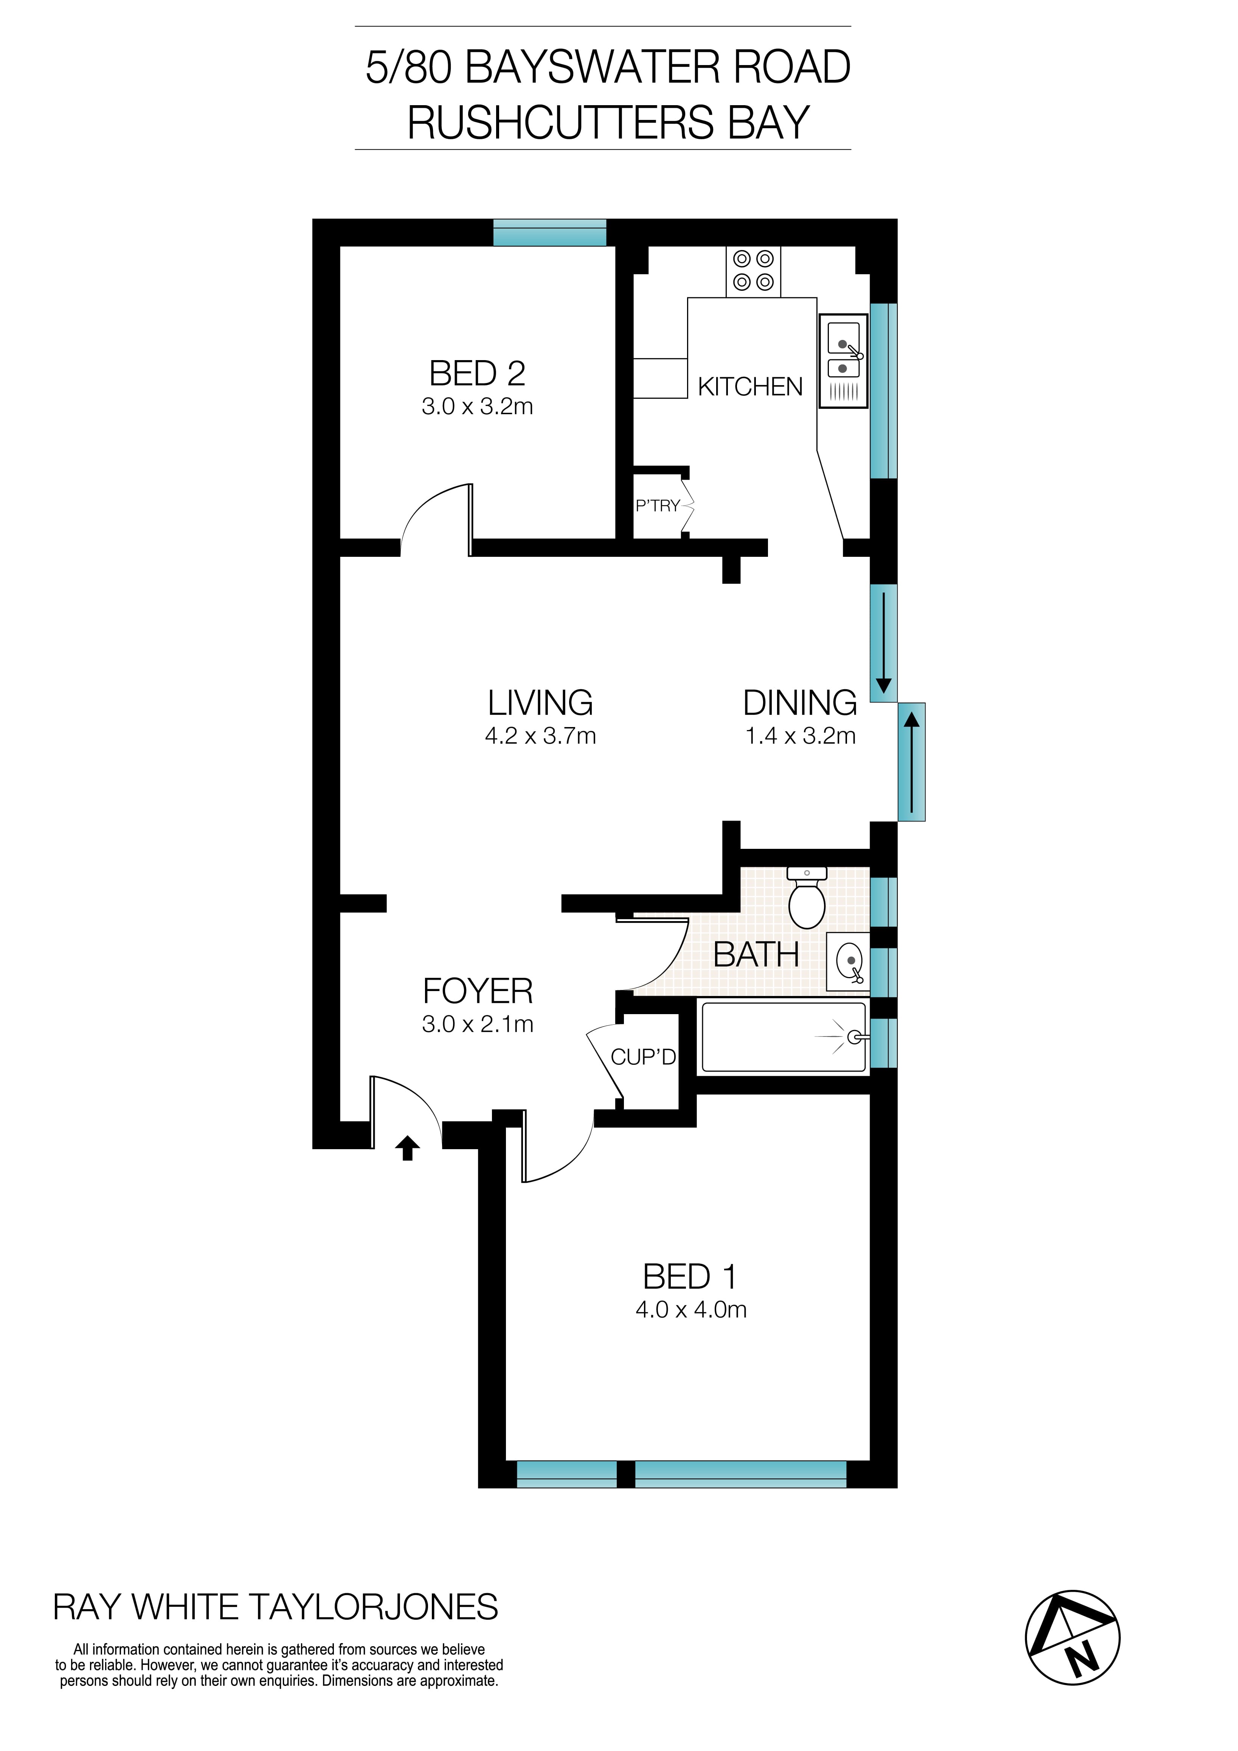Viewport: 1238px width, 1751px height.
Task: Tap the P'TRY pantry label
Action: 657,506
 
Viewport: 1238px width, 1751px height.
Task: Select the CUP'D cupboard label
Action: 642,1057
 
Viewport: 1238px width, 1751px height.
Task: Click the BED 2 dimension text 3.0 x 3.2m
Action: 477,407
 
